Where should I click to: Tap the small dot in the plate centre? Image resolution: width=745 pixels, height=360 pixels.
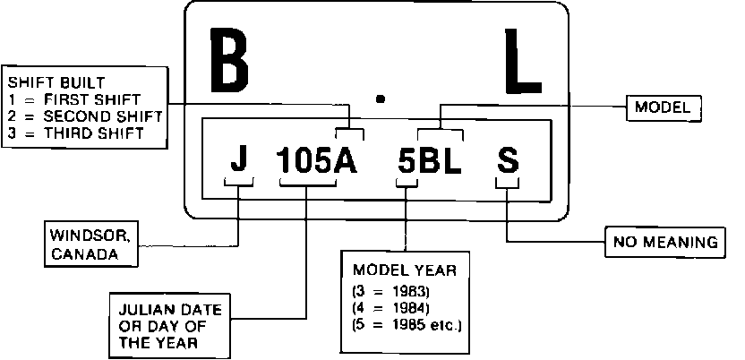[381, 99]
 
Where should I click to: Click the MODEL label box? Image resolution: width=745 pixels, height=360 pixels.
[663, 107]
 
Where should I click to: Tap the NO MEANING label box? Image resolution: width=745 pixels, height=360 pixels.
[665, 242]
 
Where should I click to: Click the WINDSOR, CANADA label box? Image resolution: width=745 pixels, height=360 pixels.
[90, 244]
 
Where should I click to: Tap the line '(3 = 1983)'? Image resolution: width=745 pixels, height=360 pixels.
[392, 290]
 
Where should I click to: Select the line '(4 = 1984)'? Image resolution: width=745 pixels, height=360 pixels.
[392, 307]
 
